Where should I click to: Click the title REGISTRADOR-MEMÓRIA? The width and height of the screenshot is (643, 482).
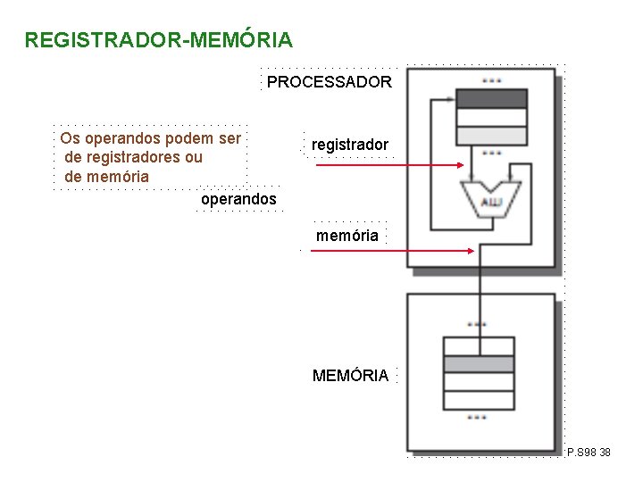tap(158, 40)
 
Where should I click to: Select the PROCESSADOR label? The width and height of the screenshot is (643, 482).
tap(329, 82)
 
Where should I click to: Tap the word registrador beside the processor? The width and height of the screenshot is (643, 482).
tap(350, 145)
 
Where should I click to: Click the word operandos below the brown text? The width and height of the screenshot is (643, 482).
tap(238, 199)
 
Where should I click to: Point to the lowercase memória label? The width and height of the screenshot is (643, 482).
tap(347, 236)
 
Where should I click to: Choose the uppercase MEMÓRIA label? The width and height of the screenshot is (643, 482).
tap(350, 376)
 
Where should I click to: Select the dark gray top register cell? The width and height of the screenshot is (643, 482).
tap(491, 98)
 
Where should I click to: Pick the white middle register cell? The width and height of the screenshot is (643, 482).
tap(491, 117)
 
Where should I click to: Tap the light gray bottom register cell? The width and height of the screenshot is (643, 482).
tap(491, 136)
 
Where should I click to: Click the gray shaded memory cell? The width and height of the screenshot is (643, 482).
tap(478, 364)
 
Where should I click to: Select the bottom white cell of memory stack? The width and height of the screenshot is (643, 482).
tap(478, 399)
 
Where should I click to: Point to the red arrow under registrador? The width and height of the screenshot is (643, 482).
tap(389, 165)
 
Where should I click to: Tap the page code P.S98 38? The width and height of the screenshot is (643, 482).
tap(589, 453)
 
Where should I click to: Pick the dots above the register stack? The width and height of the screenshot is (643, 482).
tap(491, 80)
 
